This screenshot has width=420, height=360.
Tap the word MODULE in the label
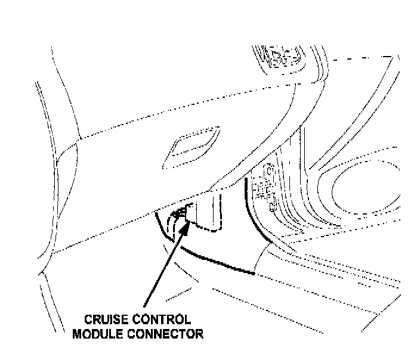pos(97,333)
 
